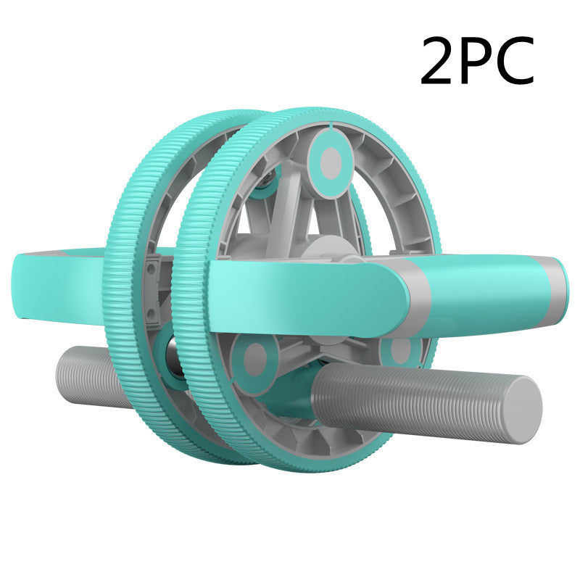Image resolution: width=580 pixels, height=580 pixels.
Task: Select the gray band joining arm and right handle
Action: coord(419,290)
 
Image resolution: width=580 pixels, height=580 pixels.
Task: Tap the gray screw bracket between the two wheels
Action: coord(154,290)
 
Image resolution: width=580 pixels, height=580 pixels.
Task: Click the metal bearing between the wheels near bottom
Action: coord(172,355)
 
